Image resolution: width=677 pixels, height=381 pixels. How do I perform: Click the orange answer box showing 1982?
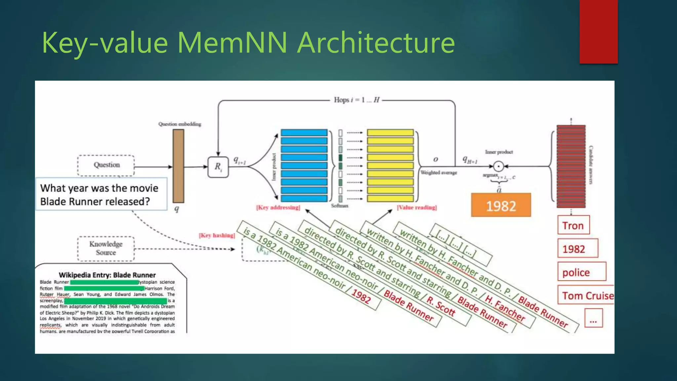(501, 205)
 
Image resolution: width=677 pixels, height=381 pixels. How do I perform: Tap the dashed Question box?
(106, 165)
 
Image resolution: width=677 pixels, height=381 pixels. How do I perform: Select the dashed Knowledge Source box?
(106, 248)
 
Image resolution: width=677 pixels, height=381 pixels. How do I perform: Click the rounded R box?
(218, 167)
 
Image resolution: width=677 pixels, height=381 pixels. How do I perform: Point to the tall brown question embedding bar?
(178, 166)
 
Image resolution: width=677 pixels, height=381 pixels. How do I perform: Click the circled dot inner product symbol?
(498, 166)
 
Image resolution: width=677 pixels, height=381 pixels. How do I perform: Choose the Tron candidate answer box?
(573, 225)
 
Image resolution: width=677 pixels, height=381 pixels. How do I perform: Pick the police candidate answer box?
(581, 272)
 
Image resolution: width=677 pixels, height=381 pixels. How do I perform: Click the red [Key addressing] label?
(278, 208)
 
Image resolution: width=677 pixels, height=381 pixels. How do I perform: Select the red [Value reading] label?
(417, 208)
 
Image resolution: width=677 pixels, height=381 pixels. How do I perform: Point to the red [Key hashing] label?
(217, 235)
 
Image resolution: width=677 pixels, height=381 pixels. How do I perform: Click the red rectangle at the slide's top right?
(598, 31)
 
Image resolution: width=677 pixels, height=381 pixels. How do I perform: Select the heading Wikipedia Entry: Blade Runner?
(107, 275)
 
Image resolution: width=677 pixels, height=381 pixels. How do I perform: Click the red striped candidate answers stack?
(571, 166)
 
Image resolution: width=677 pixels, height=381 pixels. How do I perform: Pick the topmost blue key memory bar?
(304, 133)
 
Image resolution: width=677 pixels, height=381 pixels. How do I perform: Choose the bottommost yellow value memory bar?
(390, 199)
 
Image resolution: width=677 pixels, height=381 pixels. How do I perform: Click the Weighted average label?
(439, 173)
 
